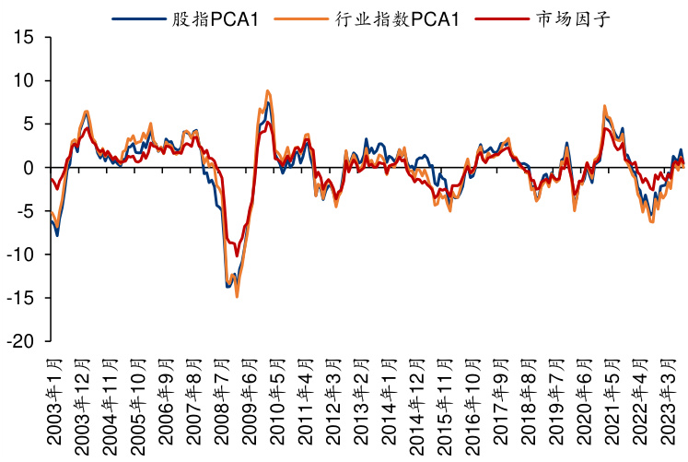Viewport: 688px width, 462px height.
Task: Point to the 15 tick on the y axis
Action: [25, 37]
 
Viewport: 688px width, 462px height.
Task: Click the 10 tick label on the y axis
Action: [25, 80]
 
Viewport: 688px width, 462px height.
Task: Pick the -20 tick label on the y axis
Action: [21, 341]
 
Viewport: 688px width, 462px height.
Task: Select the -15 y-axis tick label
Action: [21, 298]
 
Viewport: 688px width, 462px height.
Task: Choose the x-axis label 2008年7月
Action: [221, 403]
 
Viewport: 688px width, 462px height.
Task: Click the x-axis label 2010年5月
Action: [276, 403]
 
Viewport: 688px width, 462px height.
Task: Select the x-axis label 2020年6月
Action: [584, 403]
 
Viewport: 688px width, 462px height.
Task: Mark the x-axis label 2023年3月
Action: [669, 403]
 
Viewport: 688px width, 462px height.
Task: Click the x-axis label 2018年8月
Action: [528, 403]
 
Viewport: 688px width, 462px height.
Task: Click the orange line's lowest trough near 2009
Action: [237, 296]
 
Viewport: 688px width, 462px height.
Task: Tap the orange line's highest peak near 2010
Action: [267, 90]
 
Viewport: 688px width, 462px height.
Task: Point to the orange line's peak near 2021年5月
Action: [605, 106]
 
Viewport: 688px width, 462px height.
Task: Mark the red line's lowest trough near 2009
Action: [237, 256]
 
